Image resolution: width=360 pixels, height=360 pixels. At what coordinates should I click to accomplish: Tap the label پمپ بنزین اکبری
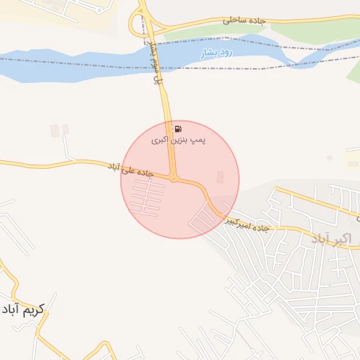tap(179, 141)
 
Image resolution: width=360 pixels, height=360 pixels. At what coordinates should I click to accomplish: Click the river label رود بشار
tap(215, 52)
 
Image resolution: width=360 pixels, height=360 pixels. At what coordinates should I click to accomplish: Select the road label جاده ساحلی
tap(243, 21)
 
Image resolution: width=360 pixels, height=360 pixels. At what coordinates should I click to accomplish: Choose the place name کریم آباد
tap(22, 309)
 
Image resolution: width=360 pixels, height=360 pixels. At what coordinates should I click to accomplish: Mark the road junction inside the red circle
tap(174, 178)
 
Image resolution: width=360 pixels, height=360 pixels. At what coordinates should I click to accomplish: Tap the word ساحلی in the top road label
tap(235, 20)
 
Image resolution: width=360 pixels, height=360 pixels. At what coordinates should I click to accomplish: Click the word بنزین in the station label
tap(179, 141)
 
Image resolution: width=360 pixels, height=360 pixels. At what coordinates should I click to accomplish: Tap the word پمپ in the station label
tap(198, 141)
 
